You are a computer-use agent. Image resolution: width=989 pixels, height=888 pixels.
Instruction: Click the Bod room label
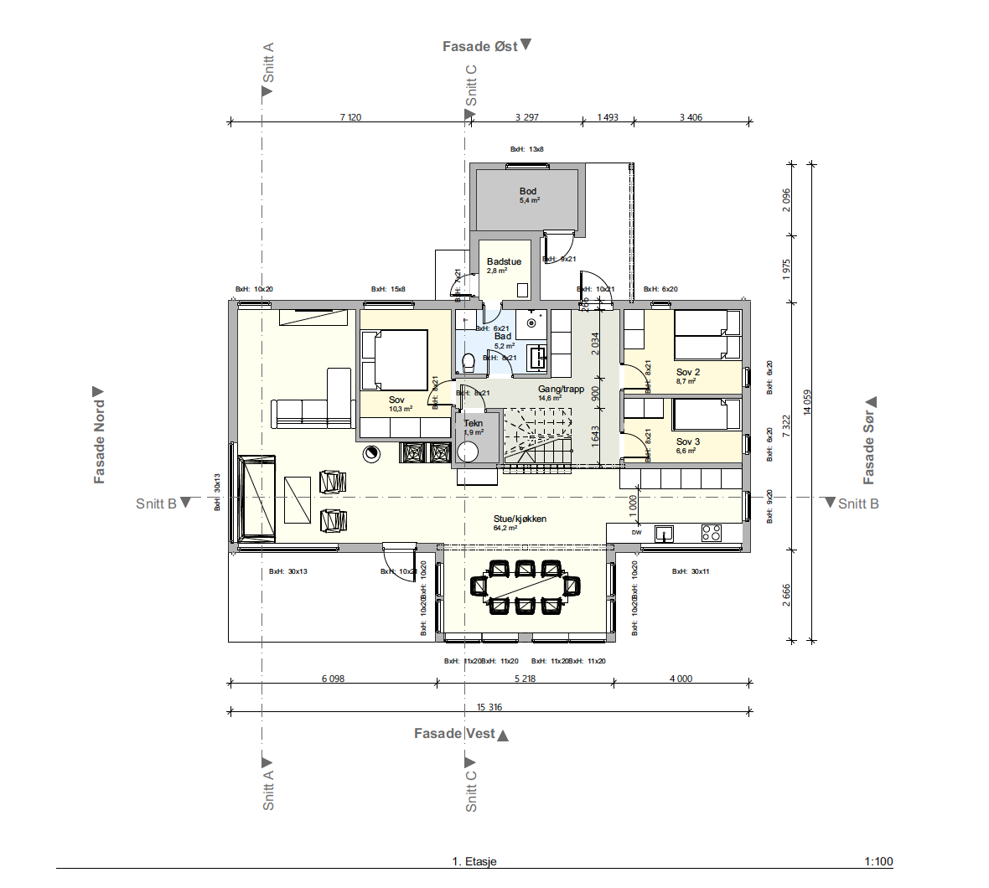click(527, 192)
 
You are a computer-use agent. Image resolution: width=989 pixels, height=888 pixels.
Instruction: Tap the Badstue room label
click(504, 262)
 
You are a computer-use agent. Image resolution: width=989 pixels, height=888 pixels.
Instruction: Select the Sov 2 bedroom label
click(687, 373)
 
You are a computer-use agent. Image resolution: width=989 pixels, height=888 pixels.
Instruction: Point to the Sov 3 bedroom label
click(687, 442)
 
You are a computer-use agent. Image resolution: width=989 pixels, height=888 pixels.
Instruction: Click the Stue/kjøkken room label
click(520, 519)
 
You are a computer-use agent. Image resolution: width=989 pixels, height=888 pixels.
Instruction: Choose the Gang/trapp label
click(561, 390)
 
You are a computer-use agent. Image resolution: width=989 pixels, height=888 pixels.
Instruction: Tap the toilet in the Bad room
click(469, 362)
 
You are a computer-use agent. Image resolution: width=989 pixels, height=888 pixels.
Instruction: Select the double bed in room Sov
click(394, 360)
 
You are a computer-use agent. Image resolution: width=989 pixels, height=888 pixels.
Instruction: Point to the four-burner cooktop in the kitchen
click(711, 533)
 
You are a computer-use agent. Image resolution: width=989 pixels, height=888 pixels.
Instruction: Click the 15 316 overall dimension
click(489, 707)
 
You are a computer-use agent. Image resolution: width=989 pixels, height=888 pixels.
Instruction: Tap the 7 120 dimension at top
click(350, 117)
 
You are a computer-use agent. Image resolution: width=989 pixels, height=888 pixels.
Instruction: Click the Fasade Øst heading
click(480, 47)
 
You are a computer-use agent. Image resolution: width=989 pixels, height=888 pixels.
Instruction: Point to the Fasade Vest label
click(454, 734)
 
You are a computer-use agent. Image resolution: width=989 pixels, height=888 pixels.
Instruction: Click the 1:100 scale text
click(878, 861)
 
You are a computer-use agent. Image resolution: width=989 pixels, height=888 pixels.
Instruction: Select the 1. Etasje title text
click(474, 861)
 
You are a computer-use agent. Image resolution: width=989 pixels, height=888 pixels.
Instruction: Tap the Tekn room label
click(474, 424)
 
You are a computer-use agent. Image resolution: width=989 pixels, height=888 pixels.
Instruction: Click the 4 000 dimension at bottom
click(681, 679)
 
